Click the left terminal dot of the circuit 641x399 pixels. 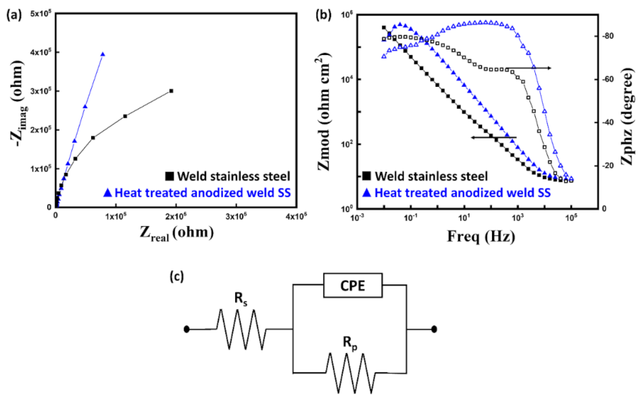tap(187, 329)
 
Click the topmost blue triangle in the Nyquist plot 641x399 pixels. tap(103, 54)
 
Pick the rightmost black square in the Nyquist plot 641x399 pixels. tap(171, 91)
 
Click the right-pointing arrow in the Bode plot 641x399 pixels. tap(529, 68)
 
